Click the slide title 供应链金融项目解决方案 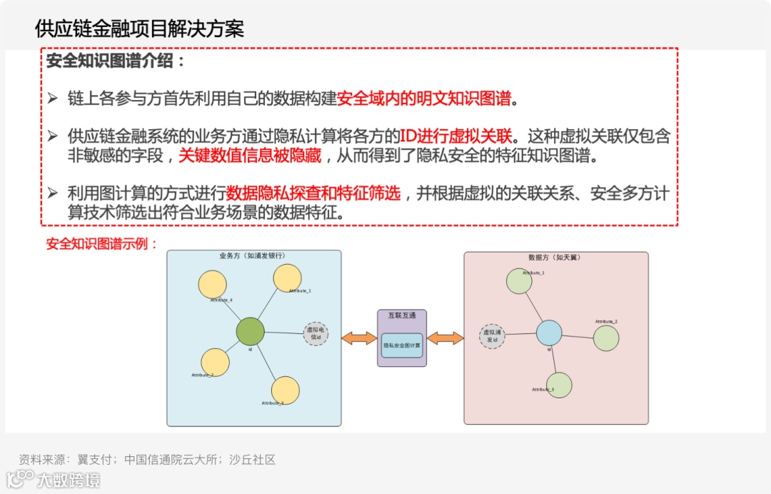139,29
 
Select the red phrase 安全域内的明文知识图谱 424,99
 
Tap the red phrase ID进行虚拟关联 453,136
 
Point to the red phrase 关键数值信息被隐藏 250,155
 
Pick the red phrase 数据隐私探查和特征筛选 313,193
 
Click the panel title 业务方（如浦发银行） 253,256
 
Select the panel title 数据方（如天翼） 555,257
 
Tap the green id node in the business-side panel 251,331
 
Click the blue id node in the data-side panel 549,333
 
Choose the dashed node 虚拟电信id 316,333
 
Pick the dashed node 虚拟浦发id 492,336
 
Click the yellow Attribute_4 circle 212,284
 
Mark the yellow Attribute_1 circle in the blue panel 288,278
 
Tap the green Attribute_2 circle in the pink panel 606,338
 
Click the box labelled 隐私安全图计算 402,346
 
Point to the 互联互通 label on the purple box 402,315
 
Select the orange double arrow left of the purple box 359,338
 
